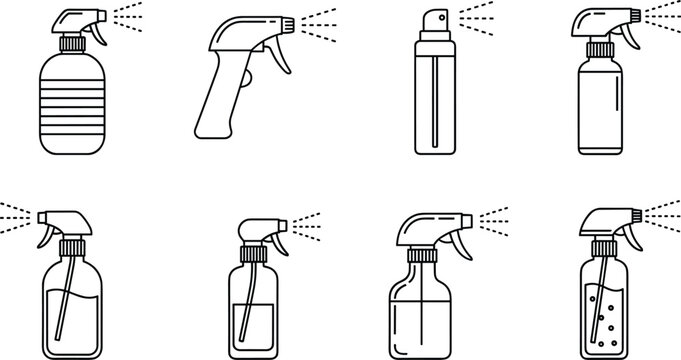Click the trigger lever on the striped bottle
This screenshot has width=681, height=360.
coord(97,33)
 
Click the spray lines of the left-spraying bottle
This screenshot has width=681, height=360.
coord(17,213)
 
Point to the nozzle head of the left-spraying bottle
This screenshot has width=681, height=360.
coord(62,219)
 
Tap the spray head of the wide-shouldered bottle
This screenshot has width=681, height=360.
coord(428,225)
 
